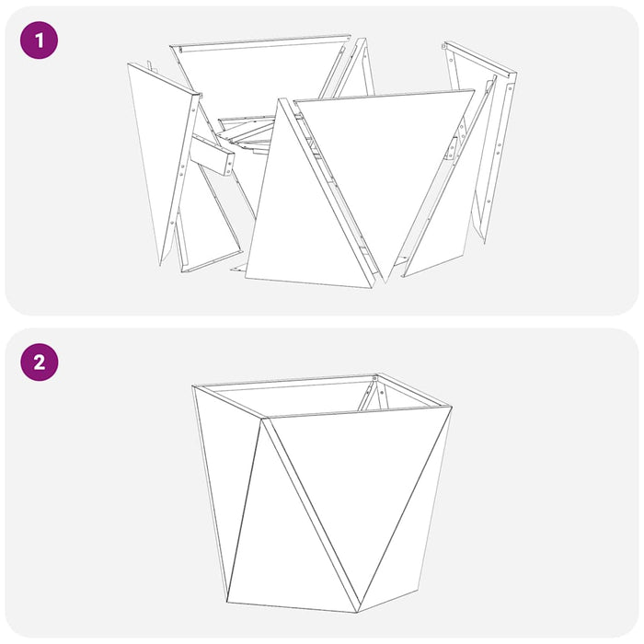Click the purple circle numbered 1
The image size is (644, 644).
point(39,40)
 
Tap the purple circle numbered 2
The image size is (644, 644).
point(39,362)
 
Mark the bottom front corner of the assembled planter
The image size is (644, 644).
point(356,612)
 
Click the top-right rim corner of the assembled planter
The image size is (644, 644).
point(451,408)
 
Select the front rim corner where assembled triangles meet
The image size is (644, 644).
point(264,420)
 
